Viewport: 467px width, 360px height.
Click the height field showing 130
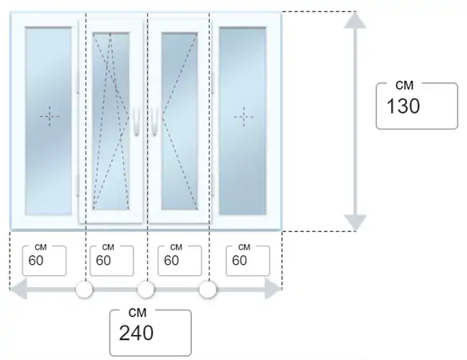pyautogui.click(x=417, y=106)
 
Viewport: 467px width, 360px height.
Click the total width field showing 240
pyautogui.click(x=150, y=333)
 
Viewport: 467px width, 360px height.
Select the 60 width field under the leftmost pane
pyautogui.click(x=44, y=261)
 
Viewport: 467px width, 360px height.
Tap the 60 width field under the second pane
pyautogui.click(x=112, y=261)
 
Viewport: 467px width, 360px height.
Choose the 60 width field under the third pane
pyautogui.click(x=180, y=261)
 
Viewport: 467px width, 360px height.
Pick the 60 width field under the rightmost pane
pyautogui.click(x=248, y=261)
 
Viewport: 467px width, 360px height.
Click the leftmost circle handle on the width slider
pyautogui.click(x=84, y=290)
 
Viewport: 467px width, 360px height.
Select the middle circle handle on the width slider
pyautogui.click(x=146, y=290)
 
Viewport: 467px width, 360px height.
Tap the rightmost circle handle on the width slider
pyautogui.click(x=208, y=290)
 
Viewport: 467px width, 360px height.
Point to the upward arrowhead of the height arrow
pyautogui.click(x=355, y=20)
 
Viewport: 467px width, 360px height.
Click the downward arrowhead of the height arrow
pyautogui.click(x=355, y=222)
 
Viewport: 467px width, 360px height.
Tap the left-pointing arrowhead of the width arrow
pyautogui.click(x=18, y=289)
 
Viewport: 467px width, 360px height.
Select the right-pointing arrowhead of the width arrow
pyautogui.click(x=273, y=289)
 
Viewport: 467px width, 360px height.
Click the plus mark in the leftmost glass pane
pyautogui.click(x=50, y=116)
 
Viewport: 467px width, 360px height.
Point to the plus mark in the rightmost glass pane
pyautogui.click(x=244, y=117)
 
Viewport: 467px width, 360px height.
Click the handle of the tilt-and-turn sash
pyautogui.click(x=137, y=122)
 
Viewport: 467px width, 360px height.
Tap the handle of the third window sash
pyautogui.click(x=154, y=122)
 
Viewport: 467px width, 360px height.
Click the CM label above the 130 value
pyautogui.click(x=405, y=86)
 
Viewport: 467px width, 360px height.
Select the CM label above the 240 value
pyautogui.click(x=138, y=313)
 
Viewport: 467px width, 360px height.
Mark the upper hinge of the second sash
pyautogui.click(x=78, y=82)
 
